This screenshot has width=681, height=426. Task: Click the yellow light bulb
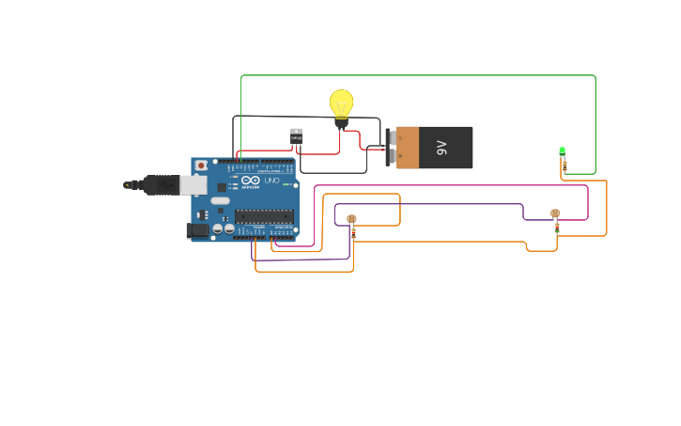(341, 104)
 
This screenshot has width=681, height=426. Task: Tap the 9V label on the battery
(441, 148)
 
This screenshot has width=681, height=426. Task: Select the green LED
(562, 150)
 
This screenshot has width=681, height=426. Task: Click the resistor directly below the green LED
(565, 166)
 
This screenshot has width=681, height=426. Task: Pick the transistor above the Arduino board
(296, 135)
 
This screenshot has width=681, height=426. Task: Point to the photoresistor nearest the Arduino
(351, 219)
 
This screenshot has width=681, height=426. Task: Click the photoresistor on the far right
(554, 213)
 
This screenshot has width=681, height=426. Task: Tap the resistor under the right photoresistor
(556, 227)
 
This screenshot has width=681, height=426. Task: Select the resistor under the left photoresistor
(353, 231)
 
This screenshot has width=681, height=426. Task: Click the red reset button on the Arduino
(200, 166)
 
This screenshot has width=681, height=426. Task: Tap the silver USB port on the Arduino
(193, 184)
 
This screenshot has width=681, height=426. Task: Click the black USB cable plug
(160, 184)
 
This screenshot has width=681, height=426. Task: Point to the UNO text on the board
(271, 181)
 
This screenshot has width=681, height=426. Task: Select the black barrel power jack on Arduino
(197, 229)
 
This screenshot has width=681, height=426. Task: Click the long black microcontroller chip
(264, 216)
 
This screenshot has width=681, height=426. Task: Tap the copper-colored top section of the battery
(408, 148)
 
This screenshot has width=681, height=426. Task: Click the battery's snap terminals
(389, 148)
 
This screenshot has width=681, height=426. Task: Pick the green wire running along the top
(418, 75)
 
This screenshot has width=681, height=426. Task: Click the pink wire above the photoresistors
(451, 185)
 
